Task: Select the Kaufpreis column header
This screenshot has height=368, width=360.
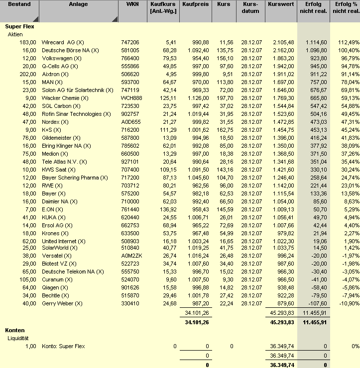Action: click(196, 4)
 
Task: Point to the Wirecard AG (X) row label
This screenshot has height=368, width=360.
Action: click(63, 42)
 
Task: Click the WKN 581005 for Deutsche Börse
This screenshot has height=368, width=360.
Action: click(130, 50)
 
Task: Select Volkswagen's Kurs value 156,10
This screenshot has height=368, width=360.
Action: click(226, 58)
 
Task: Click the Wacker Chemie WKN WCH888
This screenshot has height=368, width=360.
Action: click(131, 98)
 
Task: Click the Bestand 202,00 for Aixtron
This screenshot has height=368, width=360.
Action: click(28, 74)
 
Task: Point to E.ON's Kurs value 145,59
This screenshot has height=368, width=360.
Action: click(226, 209)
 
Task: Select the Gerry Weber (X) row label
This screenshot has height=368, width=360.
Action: click(62, 303)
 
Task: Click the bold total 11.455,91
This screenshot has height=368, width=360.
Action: click(314, 322)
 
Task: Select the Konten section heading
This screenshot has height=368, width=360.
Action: click(15, 330)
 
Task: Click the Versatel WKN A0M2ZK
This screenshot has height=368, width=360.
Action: click(131, 256)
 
